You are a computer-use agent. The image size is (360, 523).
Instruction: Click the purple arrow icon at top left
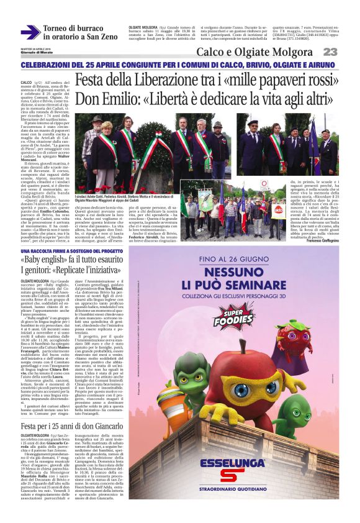coord(30,32)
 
